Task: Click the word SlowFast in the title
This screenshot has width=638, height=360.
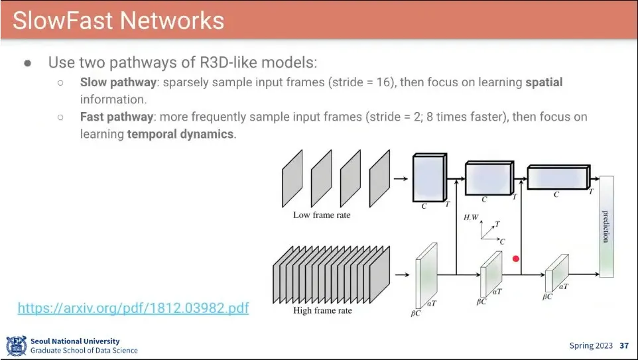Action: click(x=64, y=21)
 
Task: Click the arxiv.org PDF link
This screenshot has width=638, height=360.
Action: click(x=133, y=308)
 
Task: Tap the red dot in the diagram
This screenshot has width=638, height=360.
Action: click(x=516, y=259)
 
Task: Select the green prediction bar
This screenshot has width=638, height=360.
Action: click(x=606, y=226)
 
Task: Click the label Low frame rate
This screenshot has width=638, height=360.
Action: click(x=322, y=215)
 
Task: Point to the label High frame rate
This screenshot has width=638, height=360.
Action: click(x=322, y=310)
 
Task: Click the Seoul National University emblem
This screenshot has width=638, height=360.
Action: click(x=16, y=345)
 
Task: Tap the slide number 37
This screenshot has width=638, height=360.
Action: click(x=624, y=345)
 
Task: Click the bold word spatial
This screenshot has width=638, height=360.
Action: click(x=544, y=83)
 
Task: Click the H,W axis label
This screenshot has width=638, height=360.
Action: click(x=471, y=217)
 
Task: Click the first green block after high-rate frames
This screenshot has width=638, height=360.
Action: click(x=426, y=276)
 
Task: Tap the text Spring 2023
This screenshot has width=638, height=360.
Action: click(x=591, y=345)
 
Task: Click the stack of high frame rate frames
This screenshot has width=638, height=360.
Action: click(x=332, y=274)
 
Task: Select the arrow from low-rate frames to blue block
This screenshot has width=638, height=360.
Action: click(x=401, y=178)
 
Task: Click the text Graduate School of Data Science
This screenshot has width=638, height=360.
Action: click(x=84, y=350)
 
